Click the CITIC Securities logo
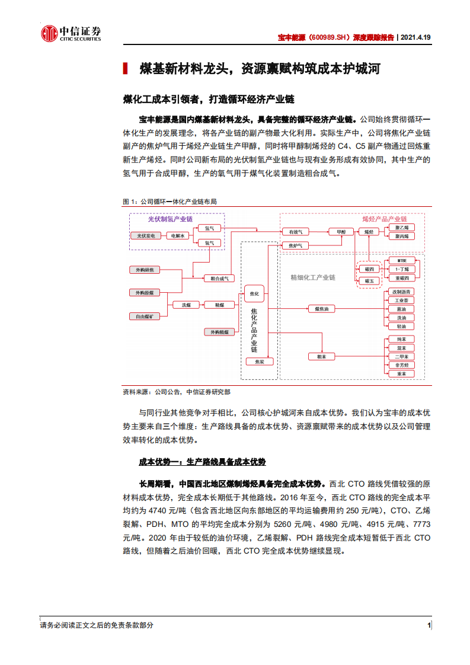pos(71,34)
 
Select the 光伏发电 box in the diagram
pos(145,236)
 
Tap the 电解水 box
pos(178,236)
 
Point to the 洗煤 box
pos(186,305)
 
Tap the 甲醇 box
pos(341,231)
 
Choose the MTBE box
pos(401,261)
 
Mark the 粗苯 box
pos(322,356)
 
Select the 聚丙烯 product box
pos(401,236)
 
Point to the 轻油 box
pos(401,327)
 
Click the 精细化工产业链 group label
pos(312,277)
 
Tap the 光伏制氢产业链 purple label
pos(170,219)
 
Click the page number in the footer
pos(429,625)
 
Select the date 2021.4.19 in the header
pos(416,37)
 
